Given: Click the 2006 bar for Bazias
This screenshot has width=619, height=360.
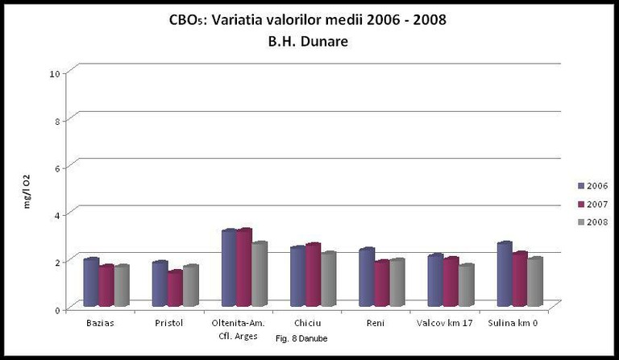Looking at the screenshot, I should [x=91, y=283].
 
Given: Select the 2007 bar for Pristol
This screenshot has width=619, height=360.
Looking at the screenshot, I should [x=175, y=288].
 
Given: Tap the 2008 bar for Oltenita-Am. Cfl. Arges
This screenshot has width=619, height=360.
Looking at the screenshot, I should [x=260, y=275].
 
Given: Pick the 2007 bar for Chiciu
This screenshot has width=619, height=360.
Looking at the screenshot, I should [x=313, y=275].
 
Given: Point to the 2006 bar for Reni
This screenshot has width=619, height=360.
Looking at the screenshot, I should [x=367, y=278].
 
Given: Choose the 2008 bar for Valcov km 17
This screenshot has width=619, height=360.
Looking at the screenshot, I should [x=466, y=285].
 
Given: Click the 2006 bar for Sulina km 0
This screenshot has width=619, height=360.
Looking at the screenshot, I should [x=505, y=275].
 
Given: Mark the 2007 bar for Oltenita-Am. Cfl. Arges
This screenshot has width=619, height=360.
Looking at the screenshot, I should [x=244, y=268].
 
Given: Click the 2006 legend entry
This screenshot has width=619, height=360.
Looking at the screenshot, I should [x=592, y=186].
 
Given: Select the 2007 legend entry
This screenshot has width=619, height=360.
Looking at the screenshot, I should [x=592, y=204].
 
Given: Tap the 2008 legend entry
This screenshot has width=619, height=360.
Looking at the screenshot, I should [x=592, y=221].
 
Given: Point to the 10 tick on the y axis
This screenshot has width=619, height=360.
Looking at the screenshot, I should [x=55, y=73].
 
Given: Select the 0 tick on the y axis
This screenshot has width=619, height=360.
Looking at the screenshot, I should [x=56, y=308].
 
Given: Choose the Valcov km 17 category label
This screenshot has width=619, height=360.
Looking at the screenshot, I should [x=450, y=324].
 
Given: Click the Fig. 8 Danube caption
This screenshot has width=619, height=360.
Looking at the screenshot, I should [x=301, y=338].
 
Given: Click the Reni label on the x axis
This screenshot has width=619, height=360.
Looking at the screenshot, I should [x=375, y=324].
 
